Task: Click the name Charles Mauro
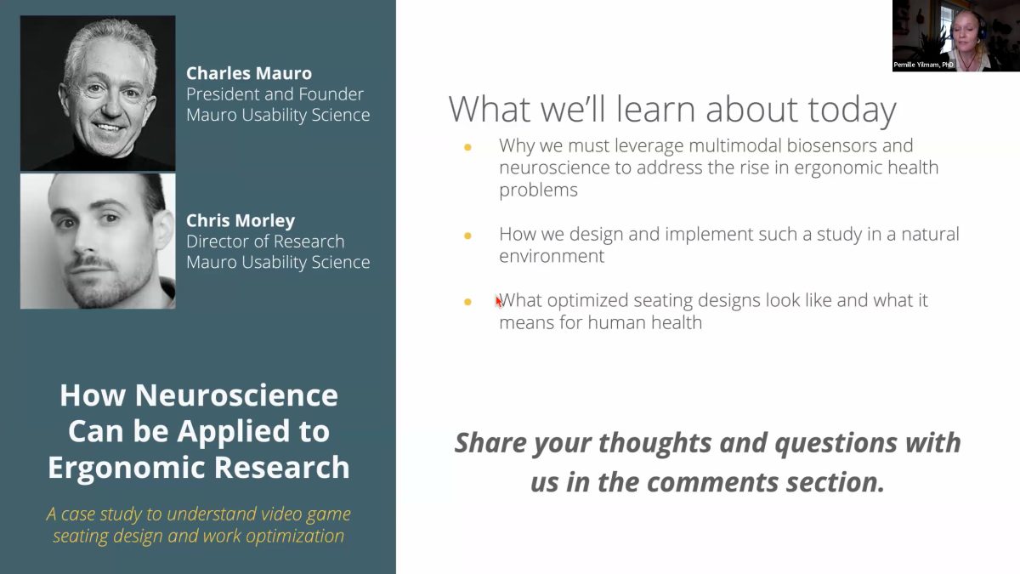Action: point(248,73)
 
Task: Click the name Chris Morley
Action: point(241,220)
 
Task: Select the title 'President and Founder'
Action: point(275,94)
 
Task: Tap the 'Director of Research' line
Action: point(265,241)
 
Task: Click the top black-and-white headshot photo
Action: point(98,94)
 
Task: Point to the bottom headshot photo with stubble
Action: point(98,241)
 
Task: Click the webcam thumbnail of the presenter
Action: point(955,36)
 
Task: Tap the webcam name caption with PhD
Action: point(923,65)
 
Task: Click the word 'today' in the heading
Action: point(852,110)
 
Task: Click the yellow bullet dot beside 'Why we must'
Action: point(467,146)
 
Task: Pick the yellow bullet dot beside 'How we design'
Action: point(467,236)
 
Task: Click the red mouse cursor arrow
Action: point(499,301)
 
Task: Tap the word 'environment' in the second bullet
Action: point(552,256)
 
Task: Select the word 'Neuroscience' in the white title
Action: point(236,395)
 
